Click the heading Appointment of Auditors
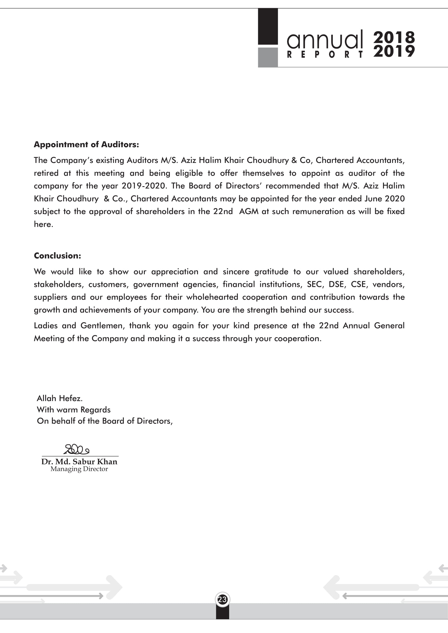tap(86, 145)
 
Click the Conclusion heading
tap(57, 255)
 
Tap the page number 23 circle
tap(222, 599)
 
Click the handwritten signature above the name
tap(76, 450)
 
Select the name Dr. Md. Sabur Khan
tap(79, 462)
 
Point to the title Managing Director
tap(79, 469)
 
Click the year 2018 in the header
tap(394, 37)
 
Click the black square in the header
tap(268, 27)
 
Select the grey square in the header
tap(268, 57)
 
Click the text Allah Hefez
tap(60, 398)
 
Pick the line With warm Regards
tap(74, 410)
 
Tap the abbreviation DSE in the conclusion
tap(337, 284)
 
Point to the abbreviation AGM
tap(249, 211)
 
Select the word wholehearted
tap(212, 297)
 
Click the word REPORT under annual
tap(325, 55)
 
